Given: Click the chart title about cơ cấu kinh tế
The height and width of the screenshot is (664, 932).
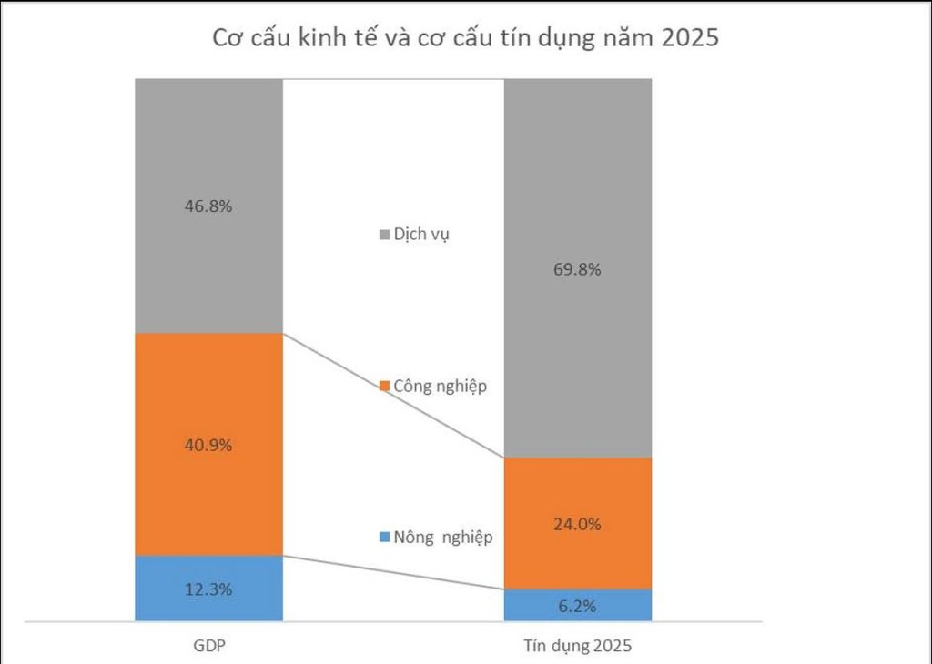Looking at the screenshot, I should (465, 39).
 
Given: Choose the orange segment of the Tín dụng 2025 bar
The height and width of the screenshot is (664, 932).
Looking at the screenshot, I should (578, 496).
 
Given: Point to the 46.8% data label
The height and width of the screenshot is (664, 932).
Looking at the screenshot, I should (208, 206).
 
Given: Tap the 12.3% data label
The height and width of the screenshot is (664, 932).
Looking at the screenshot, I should (208, 589).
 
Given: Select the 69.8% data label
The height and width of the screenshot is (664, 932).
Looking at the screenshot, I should (578, 269).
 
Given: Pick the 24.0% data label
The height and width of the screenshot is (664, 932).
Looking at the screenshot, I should (578, 524).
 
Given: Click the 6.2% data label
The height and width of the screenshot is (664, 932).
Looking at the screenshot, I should (578, 605).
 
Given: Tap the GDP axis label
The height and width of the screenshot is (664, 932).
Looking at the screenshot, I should (208, 647).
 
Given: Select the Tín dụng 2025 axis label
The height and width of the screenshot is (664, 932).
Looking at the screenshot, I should (577, 647).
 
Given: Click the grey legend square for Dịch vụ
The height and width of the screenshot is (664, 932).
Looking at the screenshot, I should (383, 235).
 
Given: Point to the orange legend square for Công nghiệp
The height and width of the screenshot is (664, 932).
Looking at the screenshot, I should (383, 386).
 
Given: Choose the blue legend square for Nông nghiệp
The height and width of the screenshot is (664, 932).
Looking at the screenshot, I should (383, 537).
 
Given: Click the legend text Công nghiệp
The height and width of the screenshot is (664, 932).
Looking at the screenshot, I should (441, 386).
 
